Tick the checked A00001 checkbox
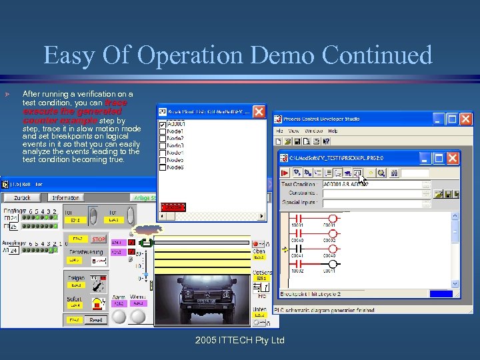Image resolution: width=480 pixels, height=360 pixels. pos(163,124)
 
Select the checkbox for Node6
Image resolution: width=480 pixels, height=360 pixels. pos(163,167)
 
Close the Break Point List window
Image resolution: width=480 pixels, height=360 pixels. pos(258,112)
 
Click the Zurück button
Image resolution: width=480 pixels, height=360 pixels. pos(23,197)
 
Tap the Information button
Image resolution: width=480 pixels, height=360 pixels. pos(65,197)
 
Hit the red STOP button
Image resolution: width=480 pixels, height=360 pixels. pos(99,239)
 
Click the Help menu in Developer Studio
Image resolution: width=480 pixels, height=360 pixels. pos(332,131)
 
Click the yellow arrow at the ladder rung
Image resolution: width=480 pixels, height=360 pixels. pos(285,250)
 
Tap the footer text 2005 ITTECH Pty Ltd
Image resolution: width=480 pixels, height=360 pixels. pos(240,341)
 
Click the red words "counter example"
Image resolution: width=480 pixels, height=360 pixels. pos(60,121)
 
